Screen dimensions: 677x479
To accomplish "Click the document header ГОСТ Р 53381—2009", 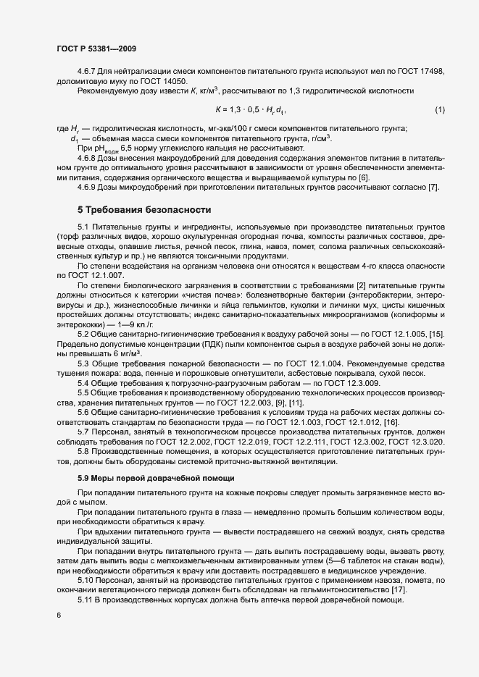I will pyautogui.click(x=96, y=49).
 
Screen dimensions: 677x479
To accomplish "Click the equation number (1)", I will pyautogui.click(x=439, y=110).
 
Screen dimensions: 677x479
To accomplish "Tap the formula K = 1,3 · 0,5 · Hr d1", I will pyautogui.click(x=251, y=110).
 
